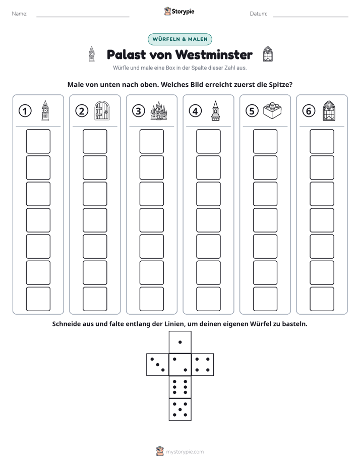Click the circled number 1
(25, 111)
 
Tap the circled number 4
(195, 111)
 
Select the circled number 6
(309, 111)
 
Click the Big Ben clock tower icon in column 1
(45, 110)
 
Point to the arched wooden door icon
(102, 110)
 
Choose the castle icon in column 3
(159, 110)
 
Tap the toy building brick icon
(272, 110)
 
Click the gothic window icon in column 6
(329, 110)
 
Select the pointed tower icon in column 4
(215, 110)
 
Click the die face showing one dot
(180, 342)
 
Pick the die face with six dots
(180, 387)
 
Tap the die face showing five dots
(180, 410)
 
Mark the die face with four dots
(203, 365)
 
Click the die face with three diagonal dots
(158, 365)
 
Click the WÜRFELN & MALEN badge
(180, 39)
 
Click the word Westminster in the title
(214, 54)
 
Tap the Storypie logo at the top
(179, 12)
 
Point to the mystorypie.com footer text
(185, 452)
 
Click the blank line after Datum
(311, 17)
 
